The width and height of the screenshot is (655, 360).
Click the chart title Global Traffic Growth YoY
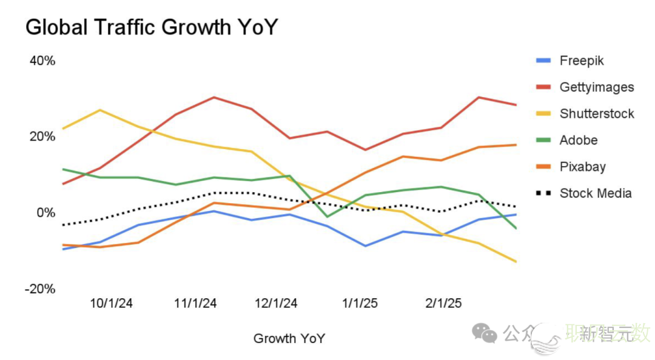152,27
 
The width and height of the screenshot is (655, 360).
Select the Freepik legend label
582,61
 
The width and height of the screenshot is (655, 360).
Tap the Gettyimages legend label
597,87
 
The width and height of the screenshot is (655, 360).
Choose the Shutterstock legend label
597,114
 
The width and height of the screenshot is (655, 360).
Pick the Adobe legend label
579,141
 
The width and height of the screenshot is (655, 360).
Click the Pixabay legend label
582,167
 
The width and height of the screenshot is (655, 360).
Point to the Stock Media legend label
596,193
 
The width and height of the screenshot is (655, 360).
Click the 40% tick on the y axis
42,61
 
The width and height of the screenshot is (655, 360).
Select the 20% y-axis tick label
42,136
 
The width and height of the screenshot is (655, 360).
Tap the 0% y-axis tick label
45,213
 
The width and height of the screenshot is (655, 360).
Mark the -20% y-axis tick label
40,289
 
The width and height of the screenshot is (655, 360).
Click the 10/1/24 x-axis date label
112,304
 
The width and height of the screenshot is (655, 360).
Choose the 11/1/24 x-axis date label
195,304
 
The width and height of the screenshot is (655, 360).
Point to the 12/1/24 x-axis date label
277,304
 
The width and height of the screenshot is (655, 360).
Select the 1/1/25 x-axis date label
360,304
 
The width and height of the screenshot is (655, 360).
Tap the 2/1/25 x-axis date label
443,304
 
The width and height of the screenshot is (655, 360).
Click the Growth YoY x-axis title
289,338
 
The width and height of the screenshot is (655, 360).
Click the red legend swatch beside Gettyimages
543,87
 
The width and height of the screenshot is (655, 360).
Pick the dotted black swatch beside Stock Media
543,193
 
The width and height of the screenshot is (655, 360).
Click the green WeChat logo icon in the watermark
485,332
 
